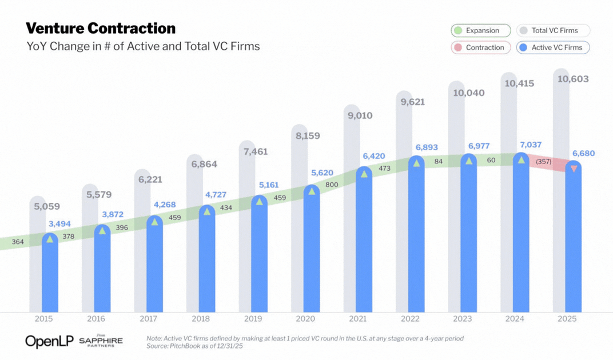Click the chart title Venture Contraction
[x=101, y=28]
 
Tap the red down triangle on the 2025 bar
[x=574, y=169]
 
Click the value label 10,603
[x=573, y=79]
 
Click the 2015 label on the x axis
[x=44, y=318]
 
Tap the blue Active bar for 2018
[x=207, y=263]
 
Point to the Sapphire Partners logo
[x=101, y=341]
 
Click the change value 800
[x=331, y=185]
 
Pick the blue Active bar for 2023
[x=469, y=240]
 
